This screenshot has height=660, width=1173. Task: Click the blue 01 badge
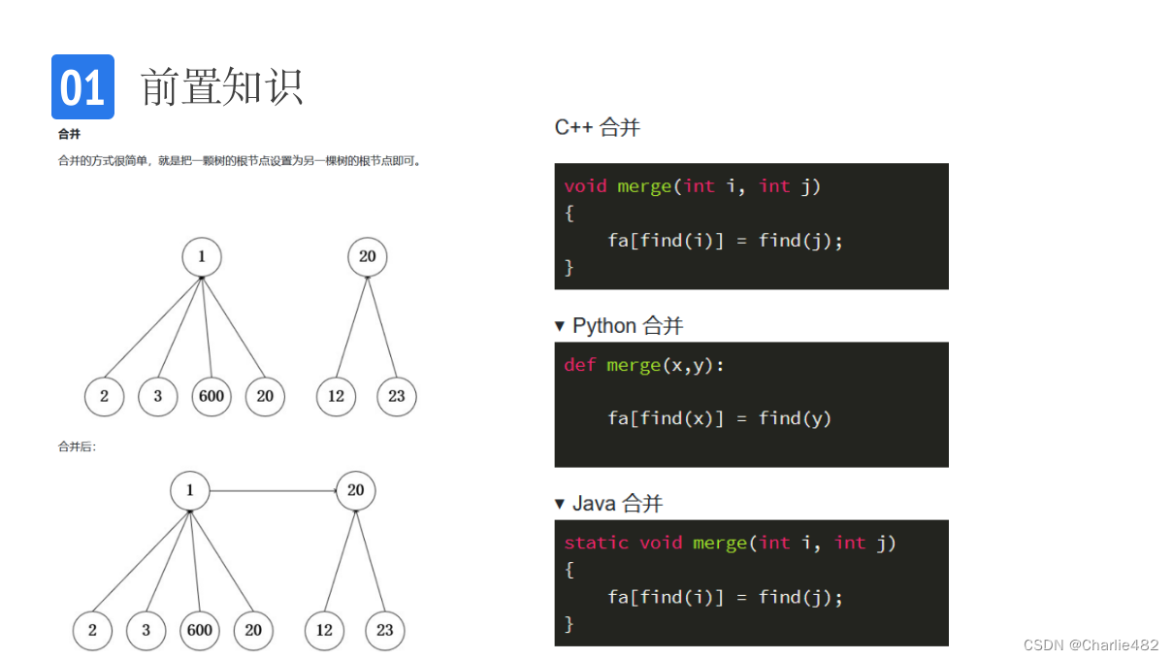click(x=82, y=87)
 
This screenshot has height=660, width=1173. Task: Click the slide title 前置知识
click(x=222, y=87)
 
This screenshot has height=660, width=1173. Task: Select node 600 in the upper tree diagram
click(x=212, y=396)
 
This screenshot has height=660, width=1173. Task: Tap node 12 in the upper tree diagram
click(x=336, y=396)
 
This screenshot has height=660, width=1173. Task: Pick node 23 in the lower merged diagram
click(x=384, y=630)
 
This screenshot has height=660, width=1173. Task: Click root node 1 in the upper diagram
click(x=202, y=257)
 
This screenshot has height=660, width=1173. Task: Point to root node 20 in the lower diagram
click(x=355, y=491)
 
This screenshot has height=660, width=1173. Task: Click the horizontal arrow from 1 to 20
click(x=272, y=491)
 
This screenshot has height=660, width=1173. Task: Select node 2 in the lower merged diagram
click(x=92, y=630)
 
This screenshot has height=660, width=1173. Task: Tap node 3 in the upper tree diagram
click(x=158, y=396)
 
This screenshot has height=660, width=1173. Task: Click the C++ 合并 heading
click(x=597, y=127)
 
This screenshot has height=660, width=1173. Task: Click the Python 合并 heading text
click(x=628, y=325)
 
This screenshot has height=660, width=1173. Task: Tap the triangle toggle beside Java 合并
click(x=559, y=503)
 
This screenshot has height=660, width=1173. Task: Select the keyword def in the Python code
click(x=579, y=365)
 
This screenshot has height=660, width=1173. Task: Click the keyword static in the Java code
click(x=596, y=543)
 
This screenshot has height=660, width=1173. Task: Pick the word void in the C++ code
click(x=585, y=186)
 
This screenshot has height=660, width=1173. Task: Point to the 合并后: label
click(x=77, y=447)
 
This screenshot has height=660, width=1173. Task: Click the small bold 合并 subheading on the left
click(x=69, y=135)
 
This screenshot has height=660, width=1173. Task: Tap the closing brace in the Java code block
click(x=570, y=624)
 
